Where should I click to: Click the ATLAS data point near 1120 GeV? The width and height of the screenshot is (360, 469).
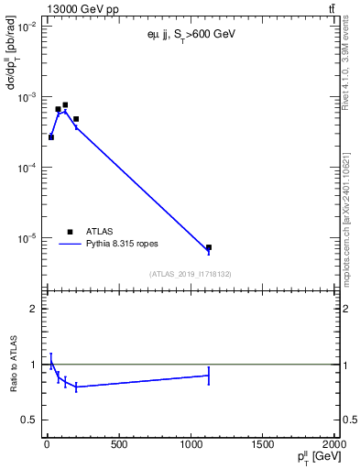(209, 247)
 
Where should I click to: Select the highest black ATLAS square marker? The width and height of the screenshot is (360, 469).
(65, 105)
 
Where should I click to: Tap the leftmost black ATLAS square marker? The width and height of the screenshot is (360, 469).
(51, 137)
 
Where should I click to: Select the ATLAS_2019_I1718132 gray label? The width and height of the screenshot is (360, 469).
(190, 274)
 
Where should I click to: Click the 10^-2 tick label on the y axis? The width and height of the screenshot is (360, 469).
(27, 27)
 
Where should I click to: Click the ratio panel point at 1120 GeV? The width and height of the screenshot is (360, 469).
(209, 375)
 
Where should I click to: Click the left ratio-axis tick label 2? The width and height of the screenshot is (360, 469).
(33, 309)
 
